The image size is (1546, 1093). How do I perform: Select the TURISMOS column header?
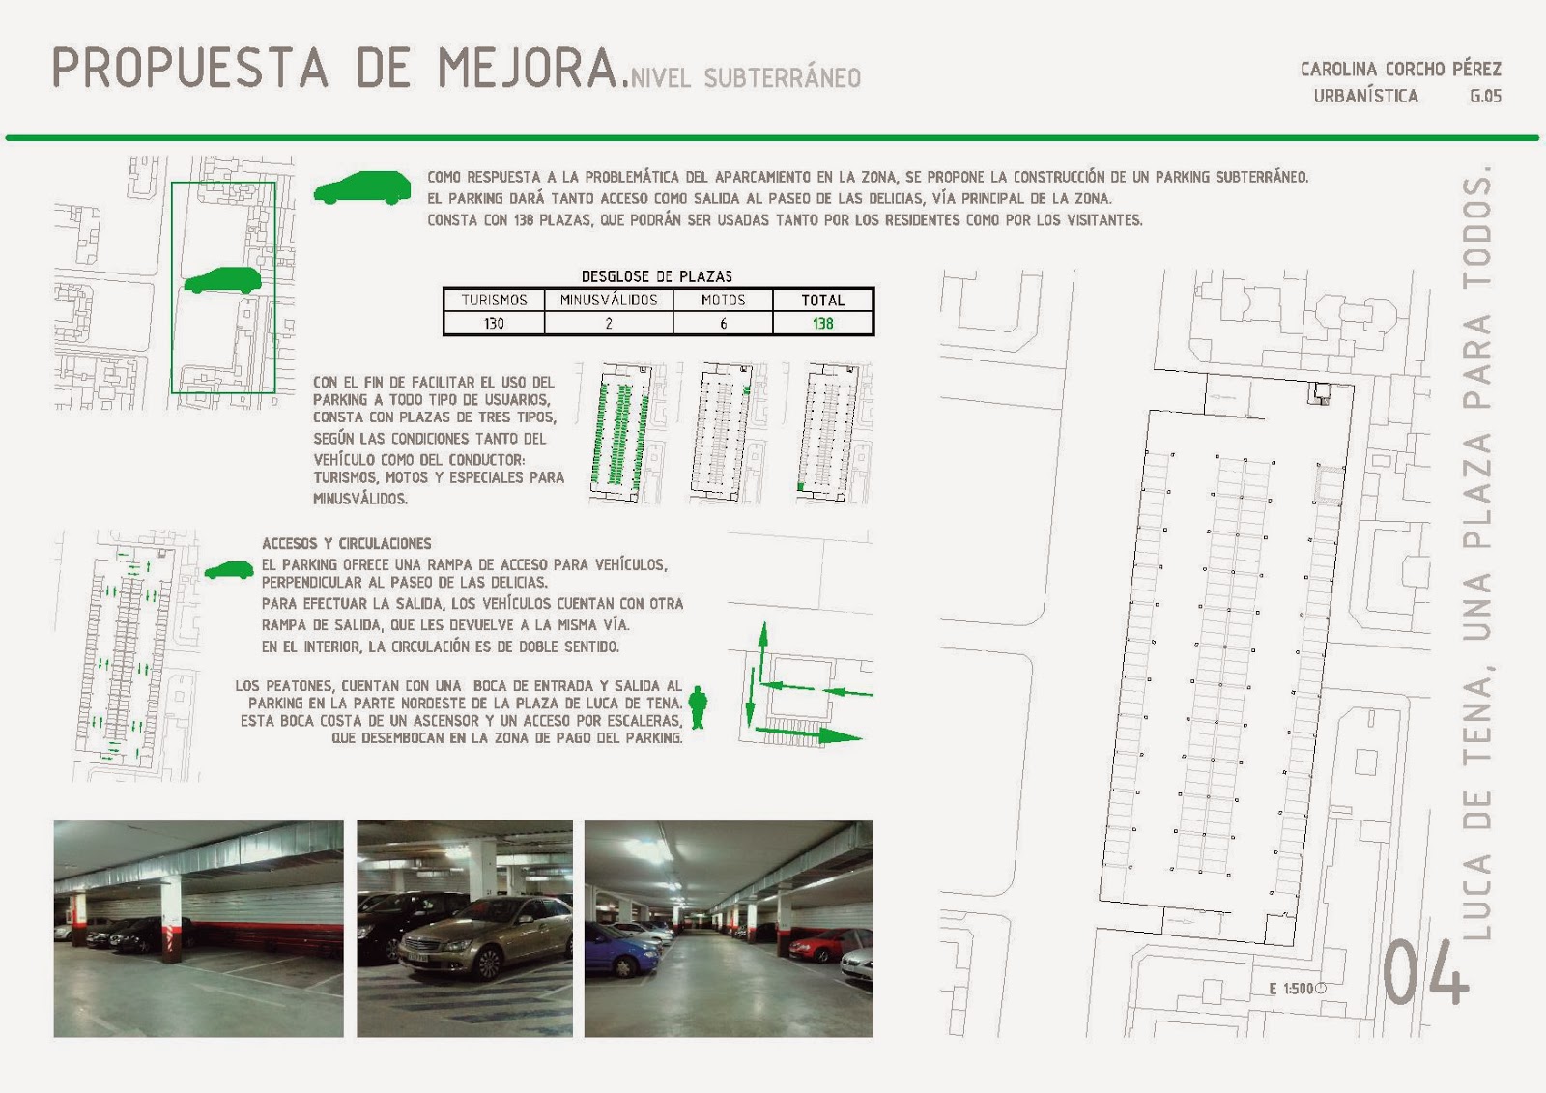[x=494, y=301]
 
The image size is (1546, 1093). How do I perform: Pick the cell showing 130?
[x=494, y=323]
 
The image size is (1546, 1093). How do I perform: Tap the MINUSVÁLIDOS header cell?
[x=609, y=301]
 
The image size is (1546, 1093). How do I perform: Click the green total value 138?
[x=822, y=323]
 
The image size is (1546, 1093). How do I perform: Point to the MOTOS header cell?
[x=724, y=301]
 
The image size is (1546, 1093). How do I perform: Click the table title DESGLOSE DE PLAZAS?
[x=656, y=277]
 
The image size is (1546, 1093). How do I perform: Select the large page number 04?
[x=1426, y=971]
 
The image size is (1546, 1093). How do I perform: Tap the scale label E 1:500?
[x=1291, y=989]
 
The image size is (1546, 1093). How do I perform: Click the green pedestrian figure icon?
[x=698, y=706]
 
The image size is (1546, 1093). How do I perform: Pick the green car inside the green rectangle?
[x=222, y=280]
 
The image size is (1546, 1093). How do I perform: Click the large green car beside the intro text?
[x=362, y=187]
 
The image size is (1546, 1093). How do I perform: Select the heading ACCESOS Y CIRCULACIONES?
[x=347, y=543]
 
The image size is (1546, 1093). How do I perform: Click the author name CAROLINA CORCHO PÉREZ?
[x=1401, y=69]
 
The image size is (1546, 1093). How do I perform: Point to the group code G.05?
[x=1486, y=96]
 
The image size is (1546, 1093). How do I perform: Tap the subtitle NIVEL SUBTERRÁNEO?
[x=746, y=78]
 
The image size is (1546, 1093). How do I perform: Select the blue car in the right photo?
[x=622, y=949]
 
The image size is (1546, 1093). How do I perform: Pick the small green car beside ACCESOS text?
[x=229, y=570]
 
